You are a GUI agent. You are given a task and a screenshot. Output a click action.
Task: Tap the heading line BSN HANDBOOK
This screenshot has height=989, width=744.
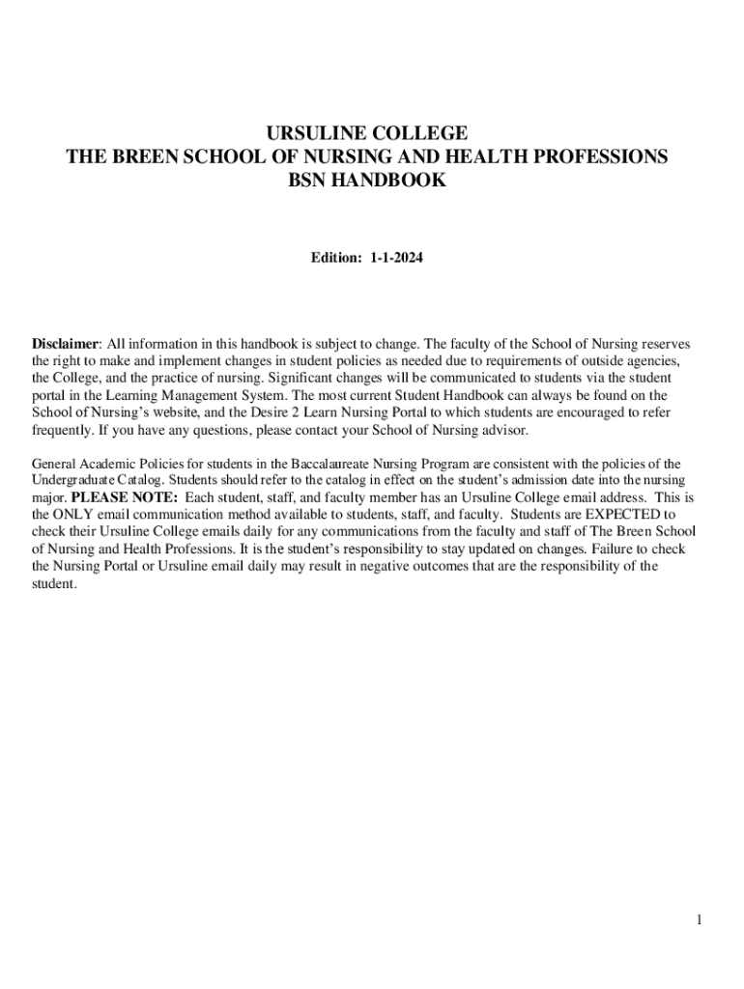pos(367,180)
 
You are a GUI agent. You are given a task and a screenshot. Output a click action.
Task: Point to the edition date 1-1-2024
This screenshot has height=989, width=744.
pos(396,259)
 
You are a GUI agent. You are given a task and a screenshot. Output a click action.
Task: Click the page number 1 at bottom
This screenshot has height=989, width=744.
pos(699,920)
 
